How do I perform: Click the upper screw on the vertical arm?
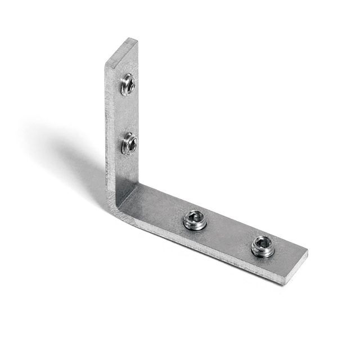tap(128, 84)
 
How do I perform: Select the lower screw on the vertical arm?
tap(129, 144)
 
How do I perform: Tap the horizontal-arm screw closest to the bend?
tap(195, 220)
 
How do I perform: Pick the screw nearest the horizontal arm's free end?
tap(263, 246)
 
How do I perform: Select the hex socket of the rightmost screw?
tap(263, 243)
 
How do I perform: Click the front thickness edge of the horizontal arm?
tap(202, 247)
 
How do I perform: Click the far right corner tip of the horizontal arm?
tap(308, 253)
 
